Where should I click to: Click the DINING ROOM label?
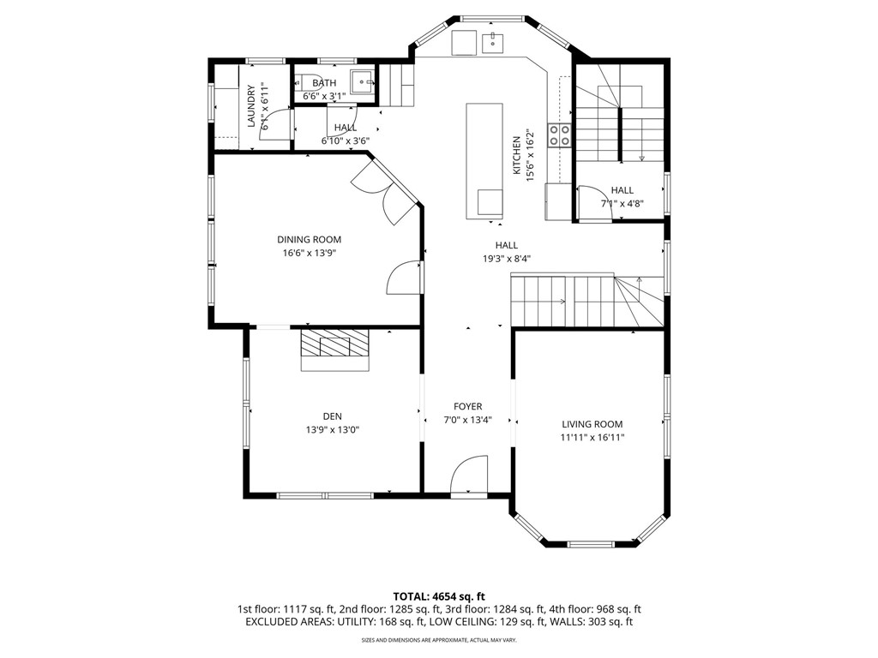[x=309, y=240]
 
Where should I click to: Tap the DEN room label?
[x=333, y=416]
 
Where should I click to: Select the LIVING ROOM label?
[x=592, y=424]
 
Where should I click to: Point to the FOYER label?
[x=468, y=406]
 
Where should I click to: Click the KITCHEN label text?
[x=517, y=155]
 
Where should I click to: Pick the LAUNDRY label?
[x=252, y=106]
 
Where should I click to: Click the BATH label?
[x=324, y=83]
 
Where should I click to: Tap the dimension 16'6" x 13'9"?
[x=309, y=254]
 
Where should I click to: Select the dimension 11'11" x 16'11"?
[x=592, y=438]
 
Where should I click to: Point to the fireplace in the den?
[x=335, y=348]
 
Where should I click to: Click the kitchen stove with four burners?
[x=560, y=135]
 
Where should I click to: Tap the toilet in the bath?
[x=306, y=84]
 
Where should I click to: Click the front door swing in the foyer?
[x=468, y=475]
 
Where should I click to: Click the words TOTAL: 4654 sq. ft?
[x=439, y=595]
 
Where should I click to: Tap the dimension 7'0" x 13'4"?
[x=468, y=420]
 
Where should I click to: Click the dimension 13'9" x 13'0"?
[x=333, y=430]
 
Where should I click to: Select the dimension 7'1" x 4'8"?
[x=622, y=204]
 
